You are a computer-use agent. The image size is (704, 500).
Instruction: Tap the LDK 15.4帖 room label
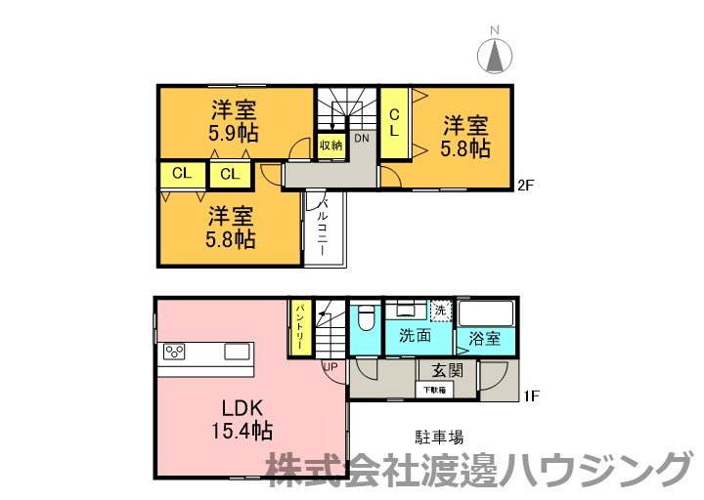(x=240, y=418)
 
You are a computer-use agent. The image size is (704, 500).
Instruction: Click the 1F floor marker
(x=532, y=396)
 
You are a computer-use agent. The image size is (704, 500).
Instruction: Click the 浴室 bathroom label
(x=484, y=338)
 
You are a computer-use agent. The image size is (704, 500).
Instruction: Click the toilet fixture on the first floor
(x=367, y=320)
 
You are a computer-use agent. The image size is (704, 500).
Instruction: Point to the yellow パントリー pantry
(x=299, y=328)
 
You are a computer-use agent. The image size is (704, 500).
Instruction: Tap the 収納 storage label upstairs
(x=330, y=146)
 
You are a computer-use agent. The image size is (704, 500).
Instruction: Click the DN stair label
(x=362, y=139)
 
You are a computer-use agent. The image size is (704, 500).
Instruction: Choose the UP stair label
(x=330, y=366)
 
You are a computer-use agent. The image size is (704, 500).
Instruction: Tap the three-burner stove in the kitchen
(x=175, y=352)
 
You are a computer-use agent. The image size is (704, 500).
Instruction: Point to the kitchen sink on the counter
(x=237, y=352)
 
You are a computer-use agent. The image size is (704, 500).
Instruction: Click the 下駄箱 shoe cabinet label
(x=434, y=391)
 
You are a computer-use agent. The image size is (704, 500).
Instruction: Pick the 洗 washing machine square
(x=440, y=310)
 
